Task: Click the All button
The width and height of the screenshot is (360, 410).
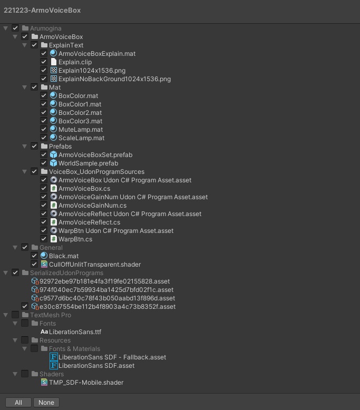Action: (x=18, y=402)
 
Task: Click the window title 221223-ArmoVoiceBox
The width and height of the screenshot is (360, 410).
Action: (x=42, y=10)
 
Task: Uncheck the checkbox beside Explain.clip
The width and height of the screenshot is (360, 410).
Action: (x=44, y=62)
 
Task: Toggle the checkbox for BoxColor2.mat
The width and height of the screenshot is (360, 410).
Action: (x=44, y=113)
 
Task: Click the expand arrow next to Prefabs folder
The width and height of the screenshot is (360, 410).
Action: (x=25, y=147)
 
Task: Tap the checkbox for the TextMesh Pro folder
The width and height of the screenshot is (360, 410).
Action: (x=15, y=315)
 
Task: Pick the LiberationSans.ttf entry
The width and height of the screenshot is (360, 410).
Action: (x=75, y=332)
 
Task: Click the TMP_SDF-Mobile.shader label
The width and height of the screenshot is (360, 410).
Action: (x=86, y=383)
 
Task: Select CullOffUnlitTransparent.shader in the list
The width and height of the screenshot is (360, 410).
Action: (x=95, y=265)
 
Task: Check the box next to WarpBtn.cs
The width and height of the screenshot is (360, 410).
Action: (x=44, y=239)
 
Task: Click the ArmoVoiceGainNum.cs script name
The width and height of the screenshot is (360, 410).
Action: (x=92, y=206)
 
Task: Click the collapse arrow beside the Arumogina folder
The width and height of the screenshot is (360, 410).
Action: (x=6, y=28)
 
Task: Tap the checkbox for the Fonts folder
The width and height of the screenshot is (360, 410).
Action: (x=25, y=324)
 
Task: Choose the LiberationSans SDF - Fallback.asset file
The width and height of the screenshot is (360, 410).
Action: (x=112, y=357)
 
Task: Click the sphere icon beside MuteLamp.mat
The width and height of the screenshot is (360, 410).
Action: (x=53, y=130)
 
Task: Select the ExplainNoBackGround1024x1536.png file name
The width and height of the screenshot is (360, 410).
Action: (x=114, y=79)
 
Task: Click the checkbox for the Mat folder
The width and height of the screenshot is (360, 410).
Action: (x=34, y=87)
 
